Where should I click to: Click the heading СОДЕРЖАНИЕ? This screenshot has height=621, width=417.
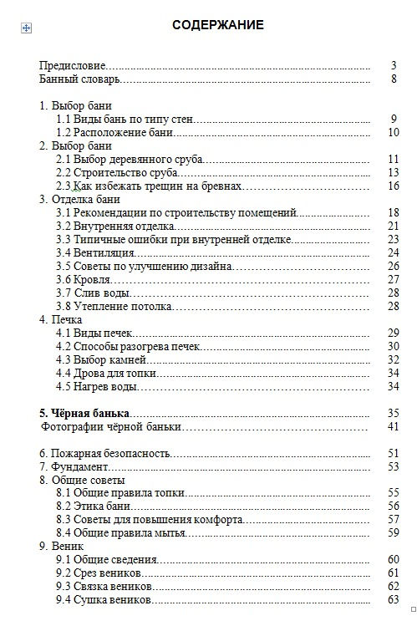pyautogui.click(x=217, y=25)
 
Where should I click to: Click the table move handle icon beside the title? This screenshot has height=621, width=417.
pyautogui.click(x=26, y=28)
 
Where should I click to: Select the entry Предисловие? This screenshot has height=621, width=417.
pyautogui.click(x=73, y=64)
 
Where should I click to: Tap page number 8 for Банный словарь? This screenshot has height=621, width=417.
pyautogui.click(x=393, y=79)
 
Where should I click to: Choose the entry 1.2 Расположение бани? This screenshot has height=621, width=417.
pyautogui.click(x=114, y=132)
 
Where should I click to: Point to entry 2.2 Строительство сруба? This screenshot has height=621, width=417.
pyautogui.click(x=117, y=172)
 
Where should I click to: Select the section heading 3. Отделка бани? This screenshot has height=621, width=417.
pyautogui.click(x=80, y=199)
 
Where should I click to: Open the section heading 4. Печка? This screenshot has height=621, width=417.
pyautogui.click(x=61, y=319)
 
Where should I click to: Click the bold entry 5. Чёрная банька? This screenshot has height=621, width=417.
pyautogui.click(x=84, y=413)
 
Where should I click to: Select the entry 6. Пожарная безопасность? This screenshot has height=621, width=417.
pyautogui.click(x=105, y=453)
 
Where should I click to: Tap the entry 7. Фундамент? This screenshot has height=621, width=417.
pyautogui.click(x=74, y=466)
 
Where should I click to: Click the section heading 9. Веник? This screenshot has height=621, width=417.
pyautogui.click(x=62, y=547)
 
